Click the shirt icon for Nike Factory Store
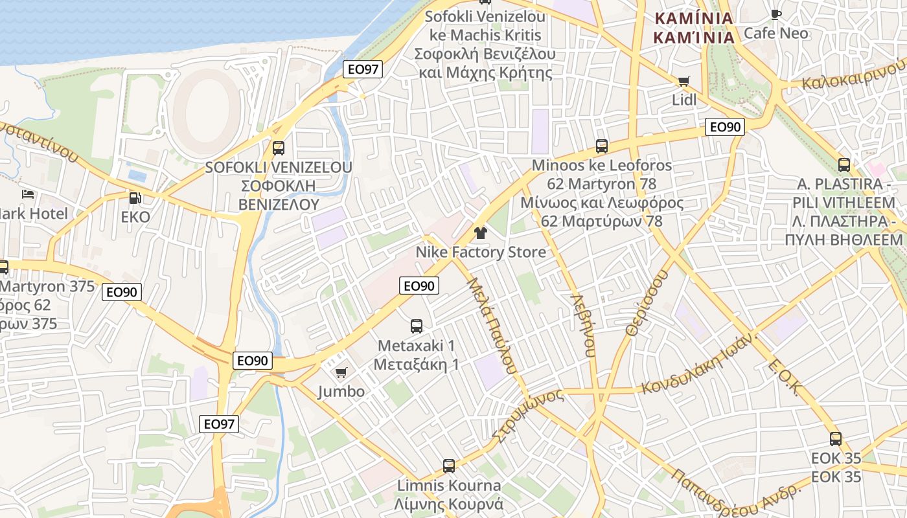click(x=480, y=233)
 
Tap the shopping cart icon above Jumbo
click(x=341, y=372)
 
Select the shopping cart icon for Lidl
click(x=683, y=81)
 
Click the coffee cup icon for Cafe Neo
click(x=775, y=14)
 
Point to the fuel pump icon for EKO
click(x=135, y=198)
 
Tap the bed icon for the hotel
click(x=27, y=194)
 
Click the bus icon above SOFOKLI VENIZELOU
click(x=279, y=148)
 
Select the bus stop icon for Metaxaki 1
click(x=417, y=326)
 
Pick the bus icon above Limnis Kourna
click(x=448, y=466)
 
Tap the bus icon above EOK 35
click(x=836, y=438)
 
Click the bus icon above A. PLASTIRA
click(x=844, y=165)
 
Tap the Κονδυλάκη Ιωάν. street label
click(x=699, y=365)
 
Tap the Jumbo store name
click(x=341, y=392)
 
